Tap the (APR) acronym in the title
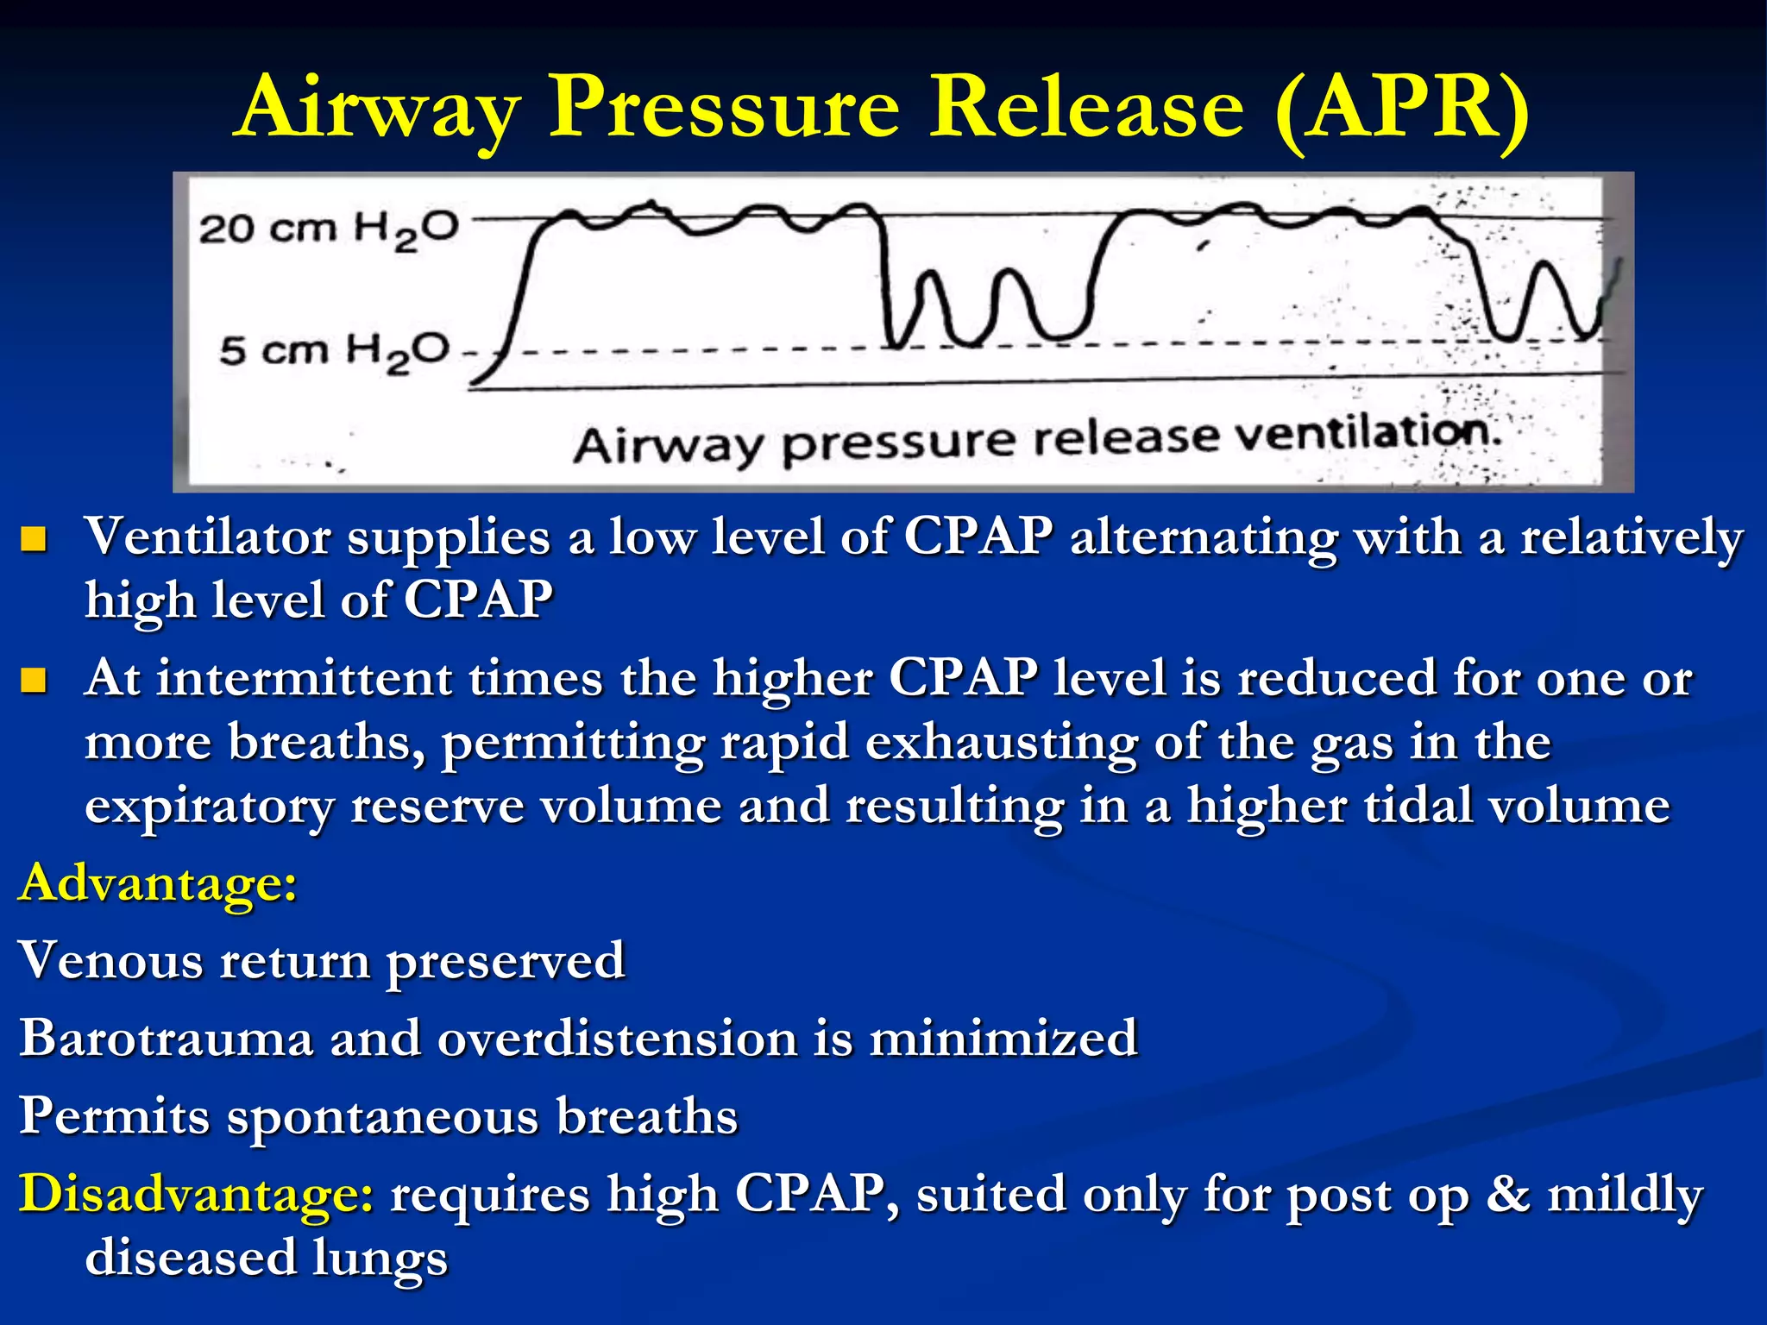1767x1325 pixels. click(x=1402, y=108)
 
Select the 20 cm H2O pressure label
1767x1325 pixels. click(x=329, y=229)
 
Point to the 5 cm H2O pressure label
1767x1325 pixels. click(x=334, y=351)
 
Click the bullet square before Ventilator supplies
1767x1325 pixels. click(x=33, y=540)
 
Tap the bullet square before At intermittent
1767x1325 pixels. click(x=33, y=681)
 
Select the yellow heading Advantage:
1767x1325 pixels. click(x=158, y=883)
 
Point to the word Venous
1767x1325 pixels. click(x=109, y=961)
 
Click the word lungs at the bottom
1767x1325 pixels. click(x=380, y=1258)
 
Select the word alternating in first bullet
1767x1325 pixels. click(x=1204, y=537)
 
